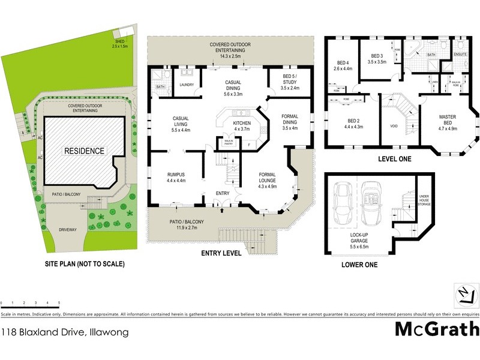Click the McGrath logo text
437,329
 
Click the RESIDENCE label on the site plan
85,151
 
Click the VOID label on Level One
394,127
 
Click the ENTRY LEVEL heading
221,253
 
